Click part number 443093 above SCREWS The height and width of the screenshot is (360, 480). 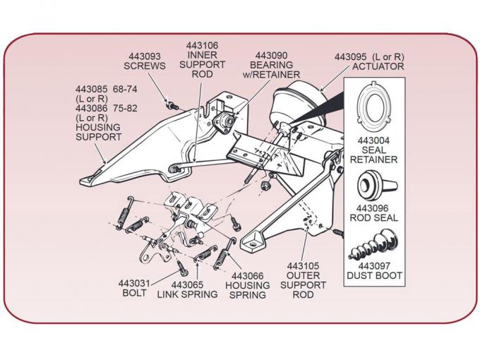(144, 55)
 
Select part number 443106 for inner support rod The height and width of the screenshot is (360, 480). (202, 45)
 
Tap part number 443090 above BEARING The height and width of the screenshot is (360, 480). (271, 55)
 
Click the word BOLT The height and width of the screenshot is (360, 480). (133, 293)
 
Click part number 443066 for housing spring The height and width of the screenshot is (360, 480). (247, 276)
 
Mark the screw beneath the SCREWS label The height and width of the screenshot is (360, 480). (170, 105)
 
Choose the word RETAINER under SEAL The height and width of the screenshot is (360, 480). (373, 160)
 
